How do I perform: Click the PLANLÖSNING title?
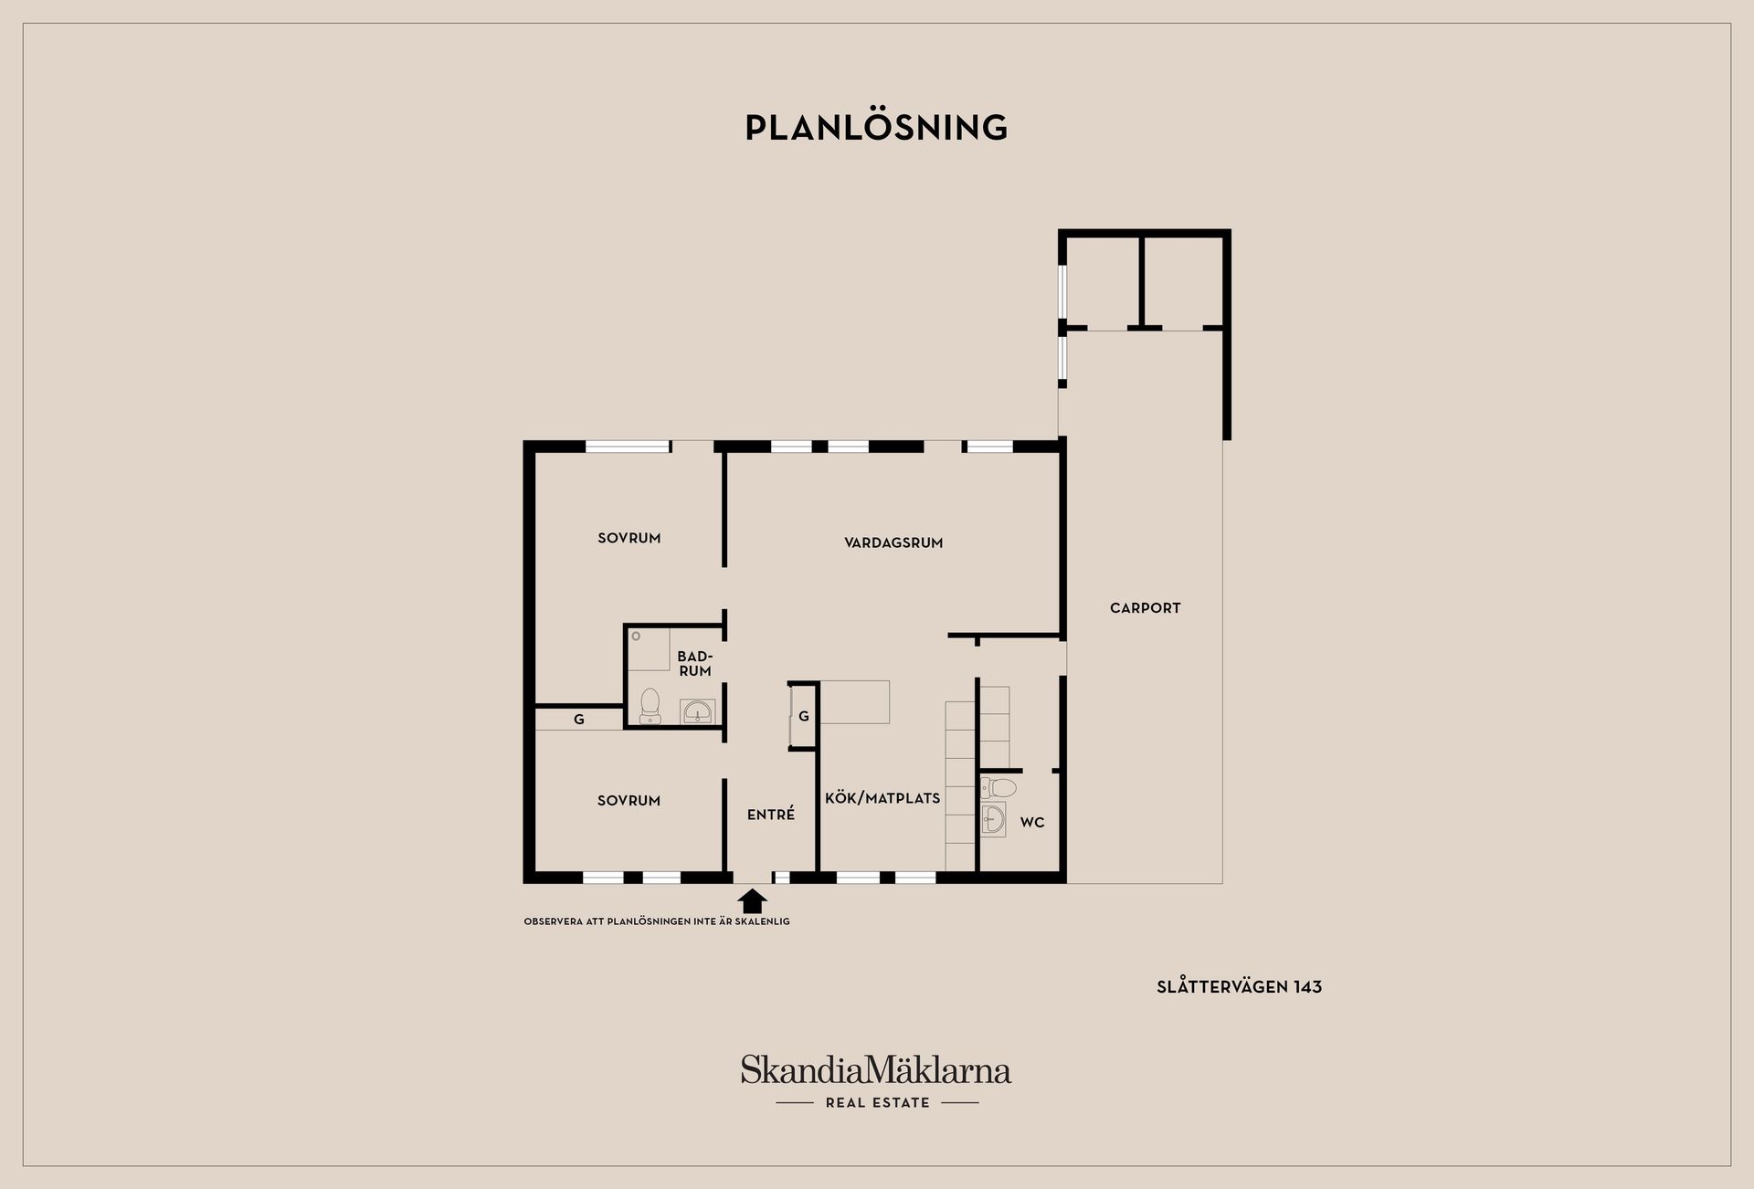pos(876,127)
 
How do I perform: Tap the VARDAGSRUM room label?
pos(893,542)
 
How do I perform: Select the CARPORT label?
pos(1146,608)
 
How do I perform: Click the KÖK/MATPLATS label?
pos(882,798)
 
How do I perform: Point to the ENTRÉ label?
pos(771,815)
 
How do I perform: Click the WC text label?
pos(1032,823)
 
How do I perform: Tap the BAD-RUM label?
pos(695,664)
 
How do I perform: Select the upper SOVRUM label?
pos(629,538)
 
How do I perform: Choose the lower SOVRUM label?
pos(629,801)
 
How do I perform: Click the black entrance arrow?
pos(752,901)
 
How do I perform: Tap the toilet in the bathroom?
pos(650,706)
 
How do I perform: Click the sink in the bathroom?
pos(698,711)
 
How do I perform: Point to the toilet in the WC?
pos(999,787)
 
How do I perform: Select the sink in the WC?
pos(993,819)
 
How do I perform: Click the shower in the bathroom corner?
pos(649,649)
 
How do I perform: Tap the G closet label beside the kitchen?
pos(804,717)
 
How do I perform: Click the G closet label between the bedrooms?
pos(579,720)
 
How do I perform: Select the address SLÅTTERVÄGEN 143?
pos(1240,987)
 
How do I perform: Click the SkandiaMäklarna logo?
pos(876,1069)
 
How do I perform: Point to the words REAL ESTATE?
pos(878,1103)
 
